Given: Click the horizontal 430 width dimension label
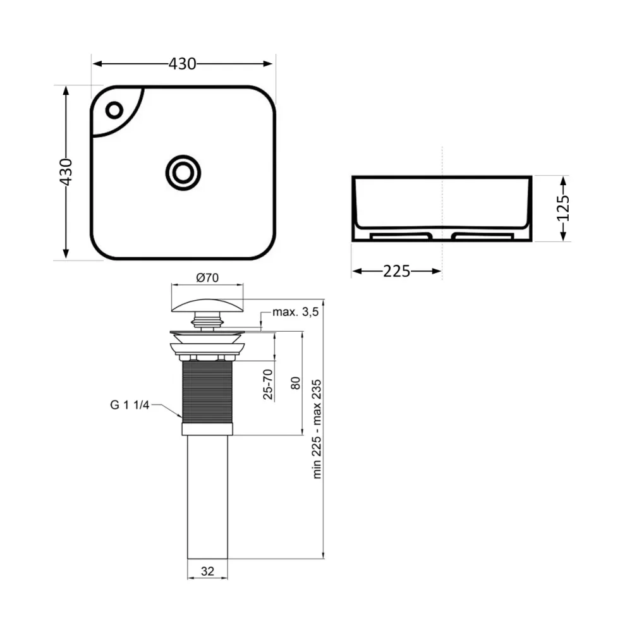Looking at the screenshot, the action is (x=182, y=64).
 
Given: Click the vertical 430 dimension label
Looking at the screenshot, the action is (x=66, y=172).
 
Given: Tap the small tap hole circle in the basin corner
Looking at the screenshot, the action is (x=114, y=110).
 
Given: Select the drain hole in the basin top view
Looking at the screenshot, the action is (x=183, y=173).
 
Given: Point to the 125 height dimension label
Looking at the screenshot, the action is (x=563, y=208).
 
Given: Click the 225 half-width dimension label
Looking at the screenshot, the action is (x=397, y=271).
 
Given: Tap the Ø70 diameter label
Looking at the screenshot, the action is (x=207, y=277).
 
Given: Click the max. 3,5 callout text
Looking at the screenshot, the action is (x=295, y=312).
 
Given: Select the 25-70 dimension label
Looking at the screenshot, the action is (x=267, y=384).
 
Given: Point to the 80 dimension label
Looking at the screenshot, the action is (x=295, y=383).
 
